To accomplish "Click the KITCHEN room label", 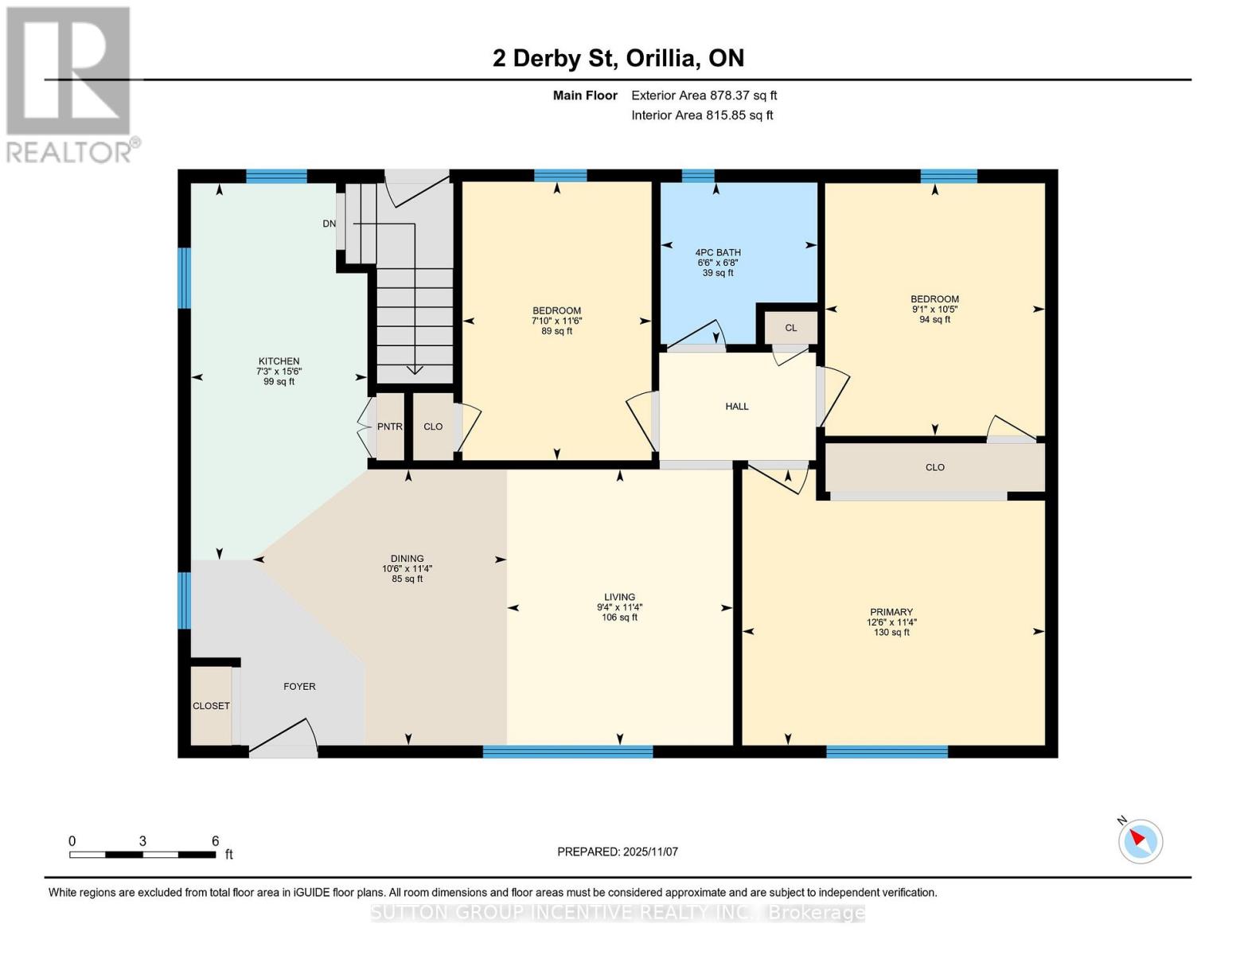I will [x=279, y=361].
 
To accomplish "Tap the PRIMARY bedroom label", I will [x=891, y=612].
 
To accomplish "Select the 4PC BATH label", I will [x=718, y=252].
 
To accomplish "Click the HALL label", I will [x=737, y=407].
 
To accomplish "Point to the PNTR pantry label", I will [x=389, y=427].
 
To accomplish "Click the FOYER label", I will [x=299, y=686].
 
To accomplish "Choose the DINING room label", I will [x=407, y=559].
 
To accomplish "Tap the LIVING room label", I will [x=619, y=597].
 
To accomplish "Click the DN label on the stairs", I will [x=329, y=224].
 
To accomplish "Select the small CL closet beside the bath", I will [x=790, y=328].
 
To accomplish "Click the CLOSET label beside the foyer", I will [x=211, y=706].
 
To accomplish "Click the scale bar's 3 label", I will [x=142, y=841].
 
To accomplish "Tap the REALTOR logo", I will [x=70, y=84].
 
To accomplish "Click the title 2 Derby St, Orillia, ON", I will [x=618, y=58].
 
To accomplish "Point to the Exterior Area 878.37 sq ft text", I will [x=704, y=95].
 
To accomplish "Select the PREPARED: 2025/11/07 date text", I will [x=618, y=852].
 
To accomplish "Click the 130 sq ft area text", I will [x=891, y=633].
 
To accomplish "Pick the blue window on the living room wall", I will [x=567, y=751].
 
